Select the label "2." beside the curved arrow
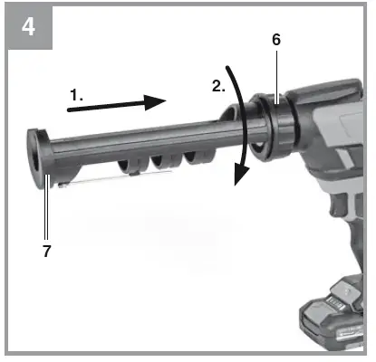[x=217, y=87]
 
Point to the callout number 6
[x=276, y=41]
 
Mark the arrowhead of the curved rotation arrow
[x=239, y=175]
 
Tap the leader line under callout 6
[x=275, y=72]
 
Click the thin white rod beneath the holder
[x=118, y=178]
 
